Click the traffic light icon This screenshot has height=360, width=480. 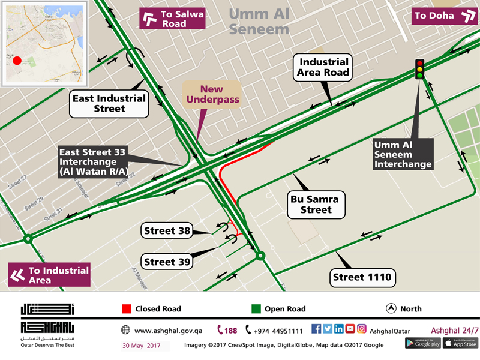[x=419, y=69]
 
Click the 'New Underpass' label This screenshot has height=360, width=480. [x=212, y=94]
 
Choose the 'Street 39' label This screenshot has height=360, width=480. [x=169, y=262]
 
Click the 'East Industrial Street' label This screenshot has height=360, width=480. [x=108, y=103]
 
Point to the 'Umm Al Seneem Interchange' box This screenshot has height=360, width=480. [x=402, y=154]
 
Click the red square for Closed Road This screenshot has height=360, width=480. [x=126, y=309]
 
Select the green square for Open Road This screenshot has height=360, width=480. [x=256, y=309]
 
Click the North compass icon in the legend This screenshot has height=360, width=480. [x=391, y=308]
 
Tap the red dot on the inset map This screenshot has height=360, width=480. [x=17, y=61]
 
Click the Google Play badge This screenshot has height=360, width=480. [x=422, y=343]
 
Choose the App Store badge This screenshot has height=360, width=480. [x=461, y=343]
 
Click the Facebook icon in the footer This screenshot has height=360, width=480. [x=317, y=329]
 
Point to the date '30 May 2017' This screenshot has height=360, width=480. [x=142, y=346]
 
